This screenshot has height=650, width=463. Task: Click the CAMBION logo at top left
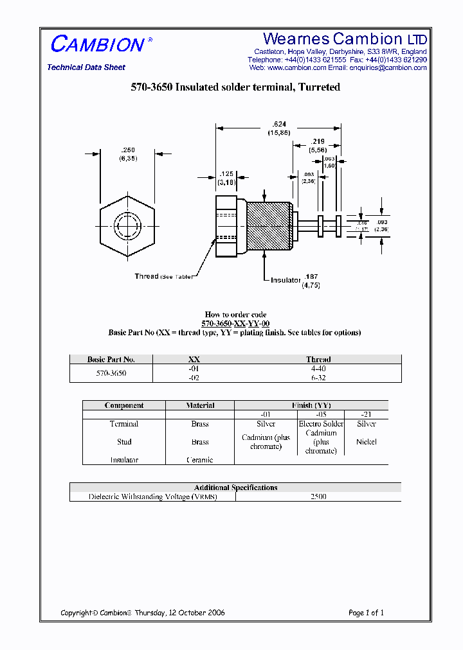tap(97, 44)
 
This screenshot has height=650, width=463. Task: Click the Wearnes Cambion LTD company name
tap(345, 39)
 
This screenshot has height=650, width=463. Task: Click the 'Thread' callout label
tap(147, 276)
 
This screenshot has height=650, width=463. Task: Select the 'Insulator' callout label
tap(286, 280)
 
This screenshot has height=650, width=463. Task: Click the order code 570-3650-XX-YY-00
tap(235, 324)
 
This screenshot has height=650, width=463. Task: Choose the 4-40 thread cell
tap(318, 369)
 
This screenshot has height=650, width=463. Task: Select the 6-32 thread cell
tap(318, 378)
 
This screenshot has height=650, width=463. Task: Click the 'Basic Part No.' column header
tap(111, 359)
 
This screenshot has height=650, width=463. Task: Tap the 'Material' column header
tap(200, 405)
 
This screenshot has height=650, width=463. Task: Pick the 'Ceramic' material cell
tap(199, 460)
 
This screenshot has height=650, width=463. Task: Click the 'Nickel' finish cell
tap(366, 442)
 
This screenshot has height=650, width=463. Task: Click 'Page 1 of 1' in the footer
tap(366, 613)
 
